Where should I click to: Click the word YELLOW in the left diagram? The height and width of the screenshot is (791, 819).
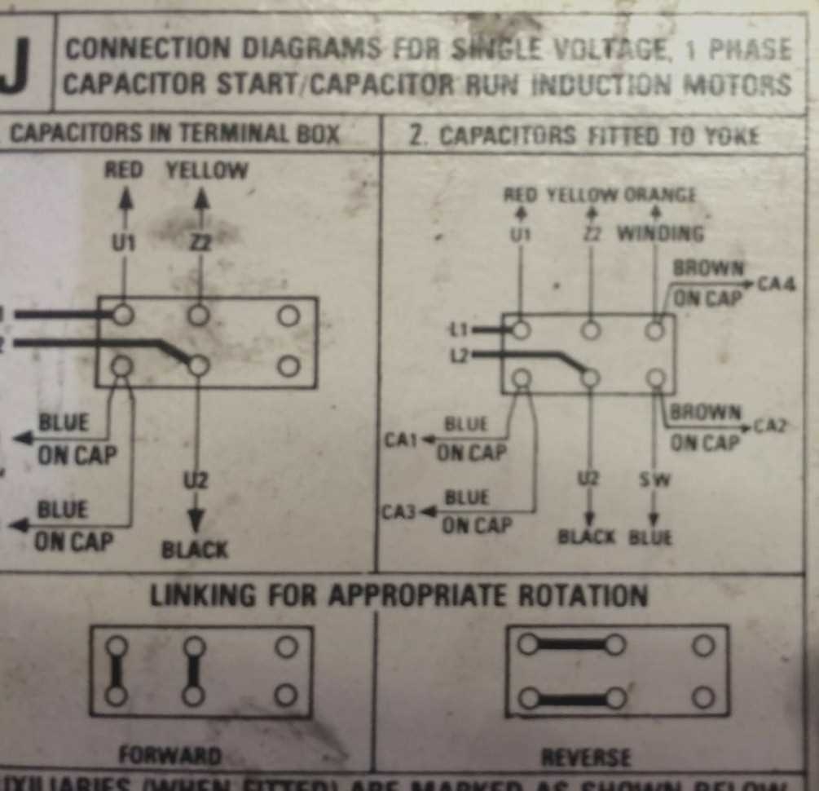[x=207, y=170]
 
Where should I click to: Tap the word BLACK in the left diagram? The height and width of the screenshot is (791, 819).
[x=195, y=550]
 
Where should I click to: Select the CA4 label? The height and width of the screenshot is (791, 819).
[x=776, y=284]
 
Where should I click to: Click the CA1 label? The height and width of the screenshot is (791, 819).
[x=401, y=440]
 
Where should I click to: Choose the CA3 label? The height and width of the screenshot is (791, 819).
[x=398, y=514]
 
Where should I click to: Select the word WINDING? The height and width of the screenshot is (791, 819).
[x=660, y=234]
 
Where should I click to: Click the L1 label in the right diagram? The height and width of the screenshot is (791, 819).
[x=460, y=329]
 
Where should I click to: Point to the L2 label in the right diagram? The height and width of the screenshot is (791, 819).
[x=460, y=355]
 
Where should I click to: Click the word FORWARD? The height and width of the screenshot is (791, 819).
[x=170, y=755]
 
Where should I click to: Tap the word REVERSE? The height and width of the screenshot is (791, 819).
[x=586, y=758]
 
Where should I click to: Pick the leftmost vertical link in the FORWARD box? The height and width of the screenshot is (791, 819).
[x=117, y=671]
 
